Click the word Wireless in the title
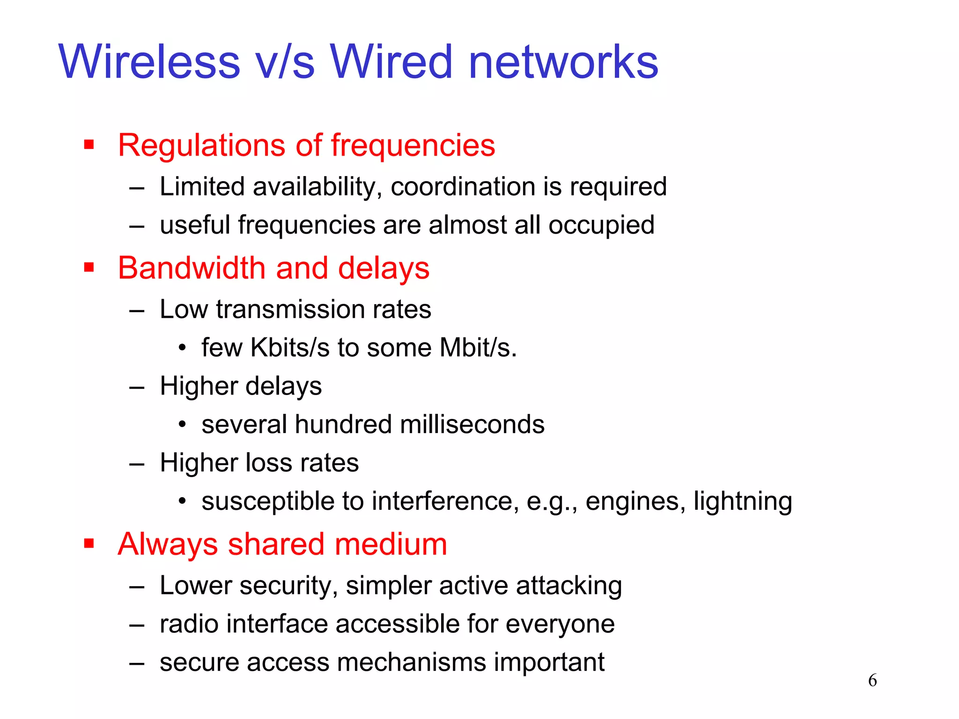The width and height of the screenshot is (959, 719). pyautogui.click(x=149, y=62)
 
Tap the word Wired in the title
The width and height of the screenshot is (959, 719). pyautogui.click(x=391, y=62)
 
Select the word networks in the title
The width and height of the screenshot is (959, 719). pyautogui.click(x=563, y=62)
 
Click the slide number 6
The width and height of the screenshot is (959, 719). pyautogui.click(x=872, y=680)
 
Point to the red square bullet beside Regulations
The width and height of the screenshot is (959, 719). pyautogui.click(x=89, y=145)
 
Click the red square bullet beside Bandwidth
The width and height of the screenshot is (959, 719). pyautogui.click(x=89, y=268)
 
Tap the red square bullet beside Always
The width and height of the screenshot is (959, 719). pyautogui.click(x=89, y=544)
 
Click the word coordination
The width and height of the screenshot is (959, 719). pyautogui.click(x=463, y=187)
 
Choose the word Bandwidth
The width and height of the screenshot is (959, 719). pyautogui.click(x=192, y=268)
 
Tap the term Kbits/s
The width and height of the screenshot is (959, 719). pyautogui.click(x=290, y=348)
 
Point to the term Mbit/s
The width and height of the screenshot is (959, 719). pyautogui.click(x=477, y=348)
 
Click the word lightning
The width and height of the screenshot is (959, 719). pyautogui.click(x=743, y=502)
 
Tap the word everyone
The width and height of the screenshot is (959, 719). pyautogui.click(x=560, y=624)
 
